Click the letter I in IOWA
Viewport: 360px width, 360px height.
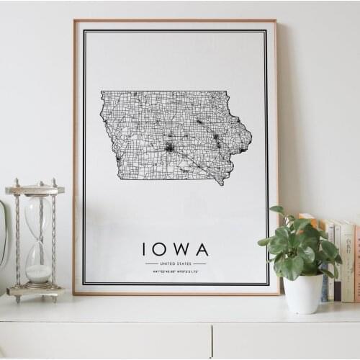click(x=144, y=249)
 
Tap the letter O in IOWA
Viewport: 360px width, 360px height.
click(x=161, y=249)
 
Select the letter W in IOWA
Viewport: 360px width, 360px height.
click(x=181, y=249)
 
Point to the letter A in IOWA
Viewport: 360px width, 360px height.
click(x=202, y=249)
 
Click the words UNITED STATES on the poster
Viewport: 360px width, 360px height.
click(x=176, y=264)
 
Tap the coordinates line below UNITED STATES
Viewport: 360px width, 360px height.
click(x=176, y=272)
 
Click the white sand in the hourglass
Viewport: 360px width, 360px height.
click(x=39, y=273)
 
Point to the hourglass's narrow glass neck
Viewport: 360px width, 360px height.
click(x=39, y=239)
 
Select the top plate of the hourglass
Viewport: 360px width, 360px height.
click(x=35, y=190)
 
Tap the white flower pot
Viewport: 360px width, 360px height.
click(x=303, y=294)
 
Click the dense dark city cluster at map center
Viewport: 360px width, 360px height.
click(x=169, y=147)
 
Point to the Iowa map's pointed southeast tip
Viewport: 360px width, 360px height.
click(x=222, y=184)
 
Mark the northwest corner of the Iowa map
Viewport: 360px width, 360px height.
click(x=102, y=92)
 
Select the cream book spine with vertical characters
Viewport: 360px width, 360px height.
click(x=347, y=259)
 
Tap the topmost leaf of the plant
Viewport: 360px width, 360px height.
click(x=277, y=210)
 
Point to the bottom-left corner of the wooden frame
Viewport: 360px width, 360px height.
click(x=74, y=293)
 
